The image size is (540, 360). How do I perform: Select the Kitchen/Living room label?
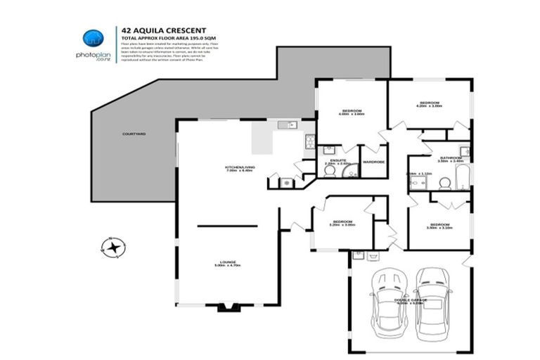pyautogui.click(x=239, y=167)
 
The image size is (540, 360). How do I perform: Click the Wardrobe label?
pyautogui.click(x=373, y=162)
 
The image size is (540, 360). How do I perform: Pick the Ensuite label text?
pyautogui.click(x=337, y=160)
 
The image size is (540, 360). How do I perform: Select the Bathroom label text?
pyautogui.click(x=450, y=158)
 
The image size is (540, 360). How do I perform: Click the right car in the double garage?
pyautogui.click(x=432, y=300)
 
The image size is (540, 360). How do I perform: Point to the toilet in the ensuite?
pyautogui.click(x=329, y=171)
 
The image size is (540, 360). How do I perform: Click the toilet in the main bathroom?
pyautogui.click(x=444, y=183)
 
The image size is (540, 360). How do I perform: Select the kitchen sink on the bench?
pyautogui.click(x=287, y=125)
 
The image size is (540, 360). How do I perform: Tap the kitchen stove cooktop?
pyautogui.click(x=308, y=141)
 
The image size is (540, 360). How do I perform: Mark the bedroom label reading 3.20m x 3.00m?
pyautogui.click(x=343, y=224)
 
